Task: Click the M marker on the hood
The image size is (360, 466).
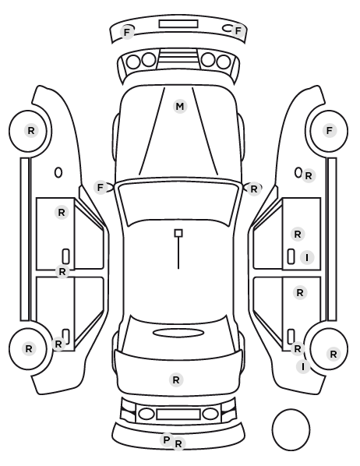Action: coord(180,107)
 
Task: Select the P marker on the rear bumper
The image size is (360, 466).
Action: coord(167,440)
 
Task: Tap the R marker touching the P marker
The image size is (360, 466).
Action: coord(178,444)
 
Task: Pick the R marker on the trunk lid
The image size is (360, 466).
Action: coord(176,380)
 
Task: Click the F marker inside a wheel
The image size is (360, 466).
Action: coord(329,130)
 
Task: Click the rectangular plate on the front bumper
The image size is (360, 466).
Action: coord(178,24)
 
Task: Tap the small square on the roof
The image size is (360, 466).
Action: coord(178,233)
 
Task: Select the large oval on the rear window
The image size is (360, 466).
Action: coord(178,333)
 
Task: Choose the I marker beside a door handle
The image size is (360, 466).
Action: coord(307,257)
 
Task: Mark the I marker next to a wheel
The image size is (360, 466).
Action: coord(303,367)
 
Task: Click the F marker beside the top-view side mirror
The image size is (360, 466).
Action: coord(101,188)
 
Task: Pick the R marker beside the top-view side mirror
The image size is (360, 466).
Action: coord(254,189)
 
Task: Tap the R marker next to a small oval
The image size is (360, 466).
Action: coord(309,176)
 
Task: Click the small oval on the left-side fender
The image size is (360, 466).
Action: coord(58,173)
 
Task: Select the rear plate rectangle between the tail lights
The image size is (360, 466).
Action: coord(178,415)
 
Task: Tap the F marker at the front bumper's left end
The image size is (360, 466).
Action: coord(127,32)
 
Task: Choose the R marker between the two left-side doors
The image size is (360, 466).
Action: coord(62,272)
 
